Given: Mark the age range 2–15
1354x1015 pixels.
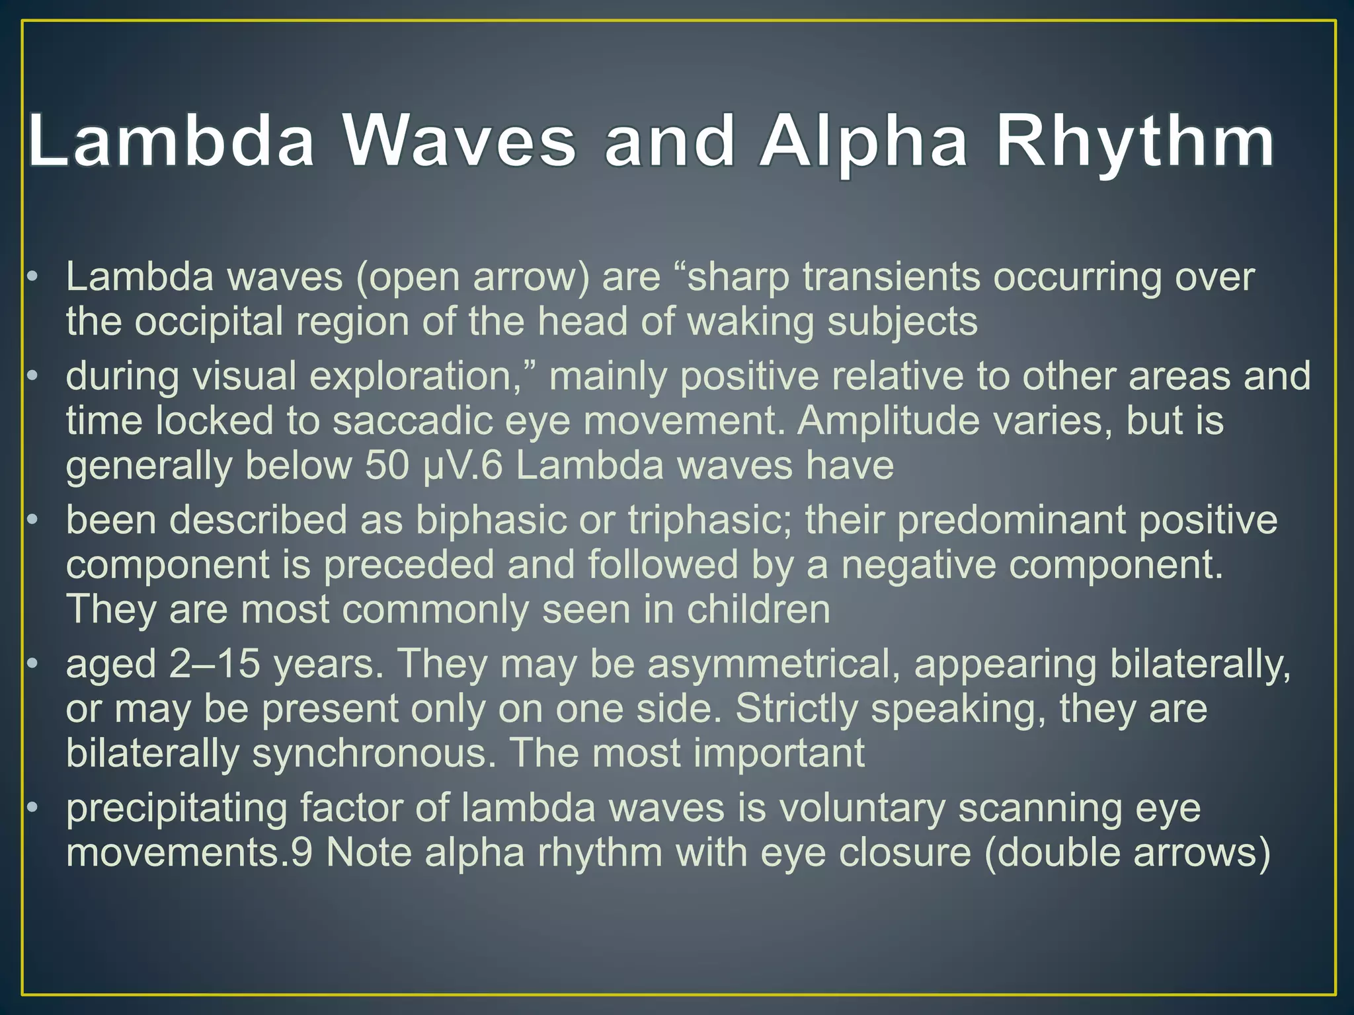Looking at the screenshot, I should click(214, 664).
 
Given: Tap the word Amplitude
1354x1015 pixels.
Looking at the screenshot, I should click(889, 421).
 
